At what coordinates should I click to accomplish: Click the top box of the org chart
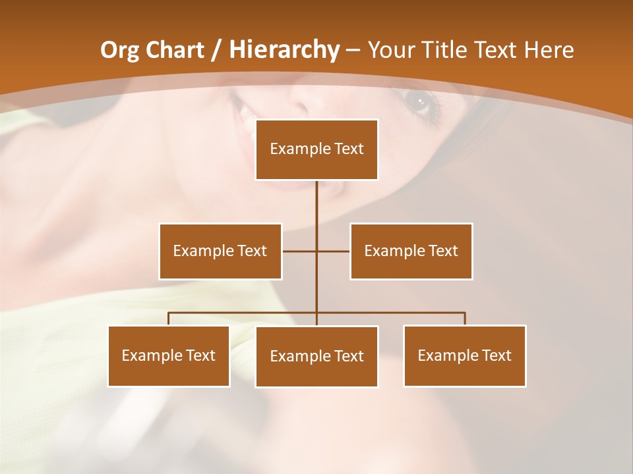(x=316, y=149)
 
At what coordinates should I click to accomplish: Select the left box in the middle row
(x=220, y=251)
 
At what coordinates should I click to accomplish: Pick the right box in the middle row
(x=411, y=251)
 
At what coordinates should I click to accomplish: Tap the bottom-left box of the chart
(x=169, y=355)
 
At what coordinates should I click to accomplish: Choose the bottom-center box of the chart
(x=316, y=356)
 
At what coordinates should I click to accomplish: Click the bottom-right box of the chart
(x=464, y=355)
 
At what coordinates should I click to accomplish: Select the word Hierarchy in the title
(x=284, y=50)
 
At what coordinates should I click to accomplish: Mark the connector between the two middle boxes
(x=316, y=251)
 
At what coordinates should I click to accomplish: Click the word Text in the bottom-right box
(x=497, y=355)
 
